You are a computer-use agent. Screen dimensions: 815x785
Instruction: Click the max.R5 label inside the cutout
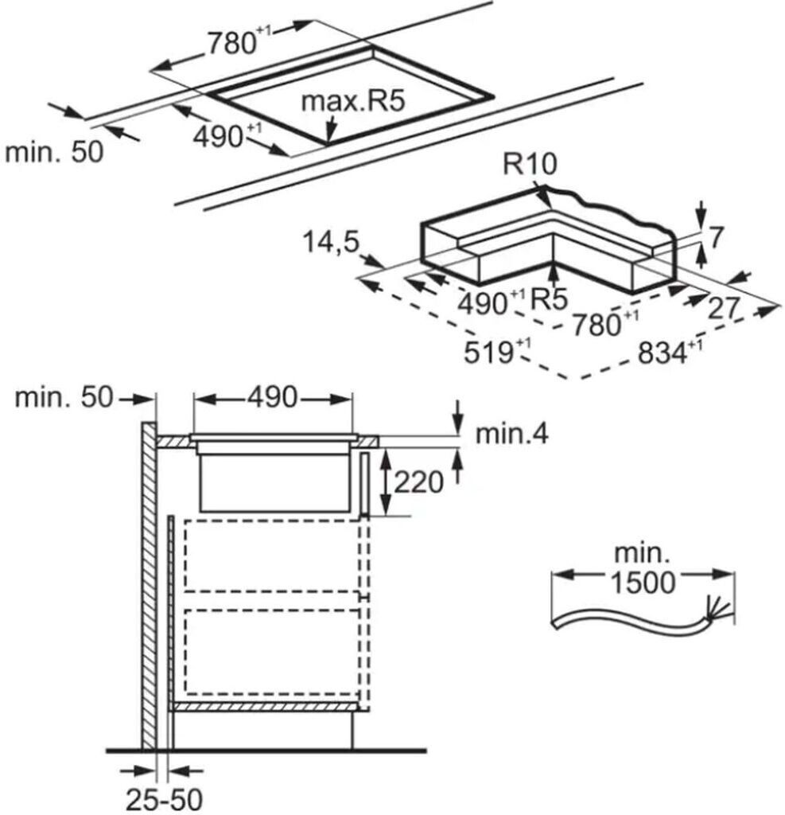[x=354, y=102]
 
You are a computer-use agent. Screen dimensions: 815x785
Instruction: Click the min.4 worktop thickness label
[x=511, y=434]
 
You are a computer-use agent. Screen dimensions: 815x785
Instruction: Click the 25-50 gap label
[x=164, y=797]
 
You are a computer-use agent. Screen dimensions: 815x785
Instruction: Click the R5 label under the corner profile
[x=550, y=300]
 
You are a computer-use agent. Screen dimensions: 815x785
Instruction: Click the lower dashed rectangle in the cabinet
[x=270, y=650]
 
